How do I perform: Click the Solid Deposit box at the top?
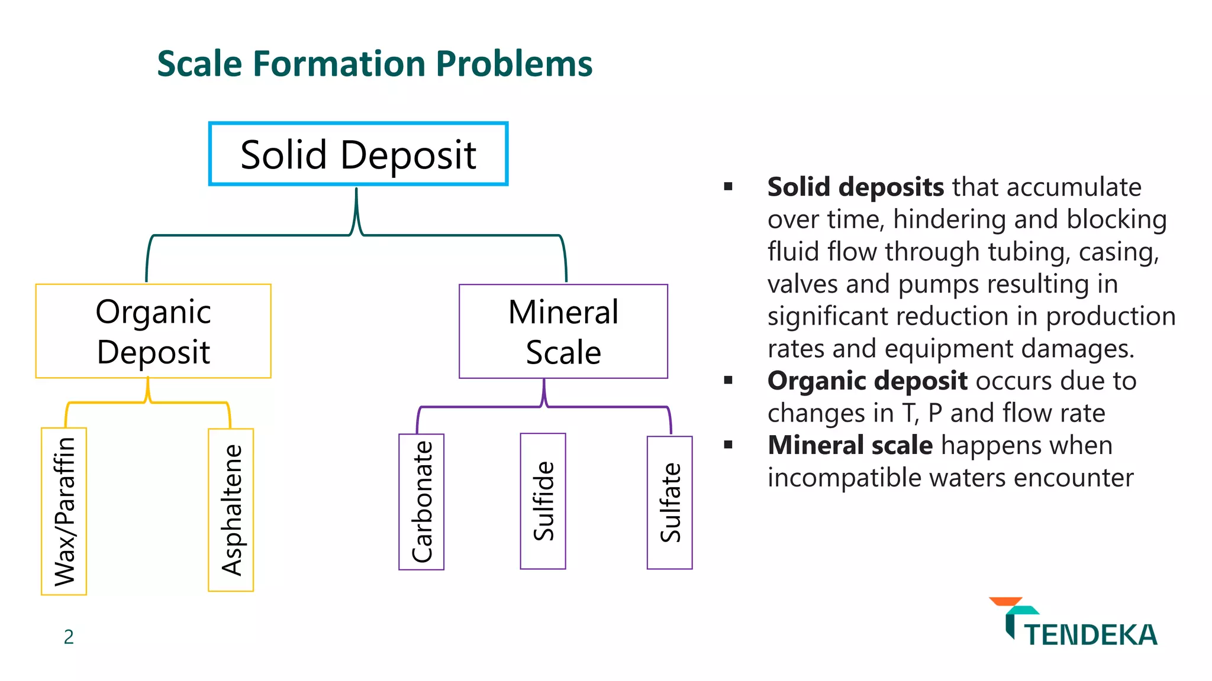tap(358, 154)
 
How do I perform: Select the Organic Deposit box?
tap(153, 331)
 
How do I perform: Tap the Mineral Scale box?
tap(563, 331)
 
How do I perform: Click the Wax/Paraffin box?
tap(64, 511)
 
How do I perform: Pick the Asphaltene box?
tap(231, 510)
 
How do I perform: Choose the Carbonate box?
tap(421, 502)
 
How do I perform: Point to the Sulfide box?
tap(543, 501)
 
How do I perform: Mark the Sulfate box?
tap(669, 502)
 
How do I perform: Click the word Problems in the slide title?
tap(514, 64)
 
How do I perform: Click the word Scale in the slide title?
tap(199, 64)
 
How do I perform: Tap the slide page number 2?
tap(69, 637)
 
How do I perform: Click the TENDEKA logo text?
tap(1090, 635)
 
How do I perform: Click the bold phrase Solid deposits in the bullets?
tap(855, 187)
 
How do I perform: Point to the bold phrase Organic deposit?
tap(867, 381)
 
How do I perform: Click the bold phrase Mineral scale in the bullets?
tap(850, 445)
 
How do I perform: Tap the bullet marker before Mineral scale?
tap(728, 445)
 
